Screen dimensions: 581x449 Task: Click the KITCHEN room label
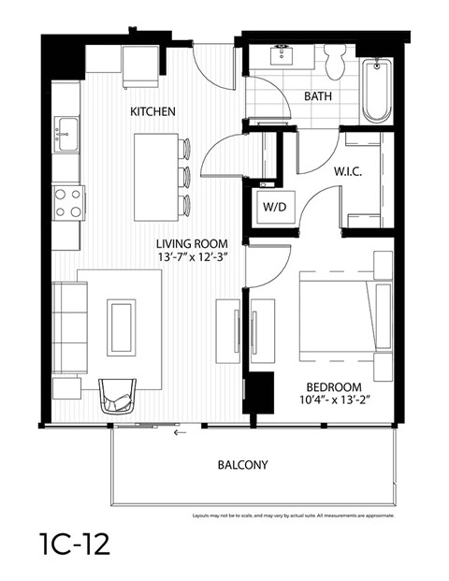[x=152, y=111]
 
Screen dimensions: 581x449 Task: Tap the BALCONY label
[x=242, y=464]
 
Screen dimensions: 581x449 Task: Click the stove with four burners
[x=67, y=201]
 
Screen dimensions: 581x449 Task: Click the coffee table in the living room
[x=121, y=327]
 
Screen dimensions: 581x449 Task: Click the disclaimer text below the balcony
[x=292, y=516]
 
